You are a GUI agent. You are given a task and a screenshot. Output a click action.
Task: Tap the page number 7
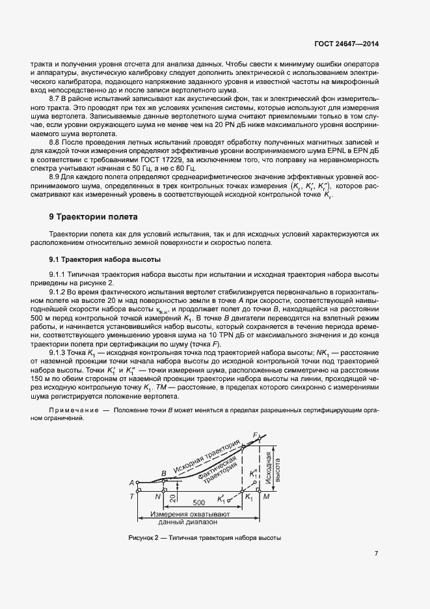click(377, 554)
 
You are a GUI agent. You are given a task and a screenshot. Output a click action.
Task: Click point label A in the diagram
click(131, 483)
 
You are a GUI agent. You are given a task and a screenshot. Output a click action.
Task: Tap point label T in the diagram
click(132, 496)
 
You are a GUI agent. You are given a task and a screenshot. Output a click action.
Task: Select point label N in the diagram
click(158, 496)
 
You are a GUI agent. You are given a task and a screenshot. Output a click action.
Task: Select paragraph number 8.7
click(56, 97)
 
